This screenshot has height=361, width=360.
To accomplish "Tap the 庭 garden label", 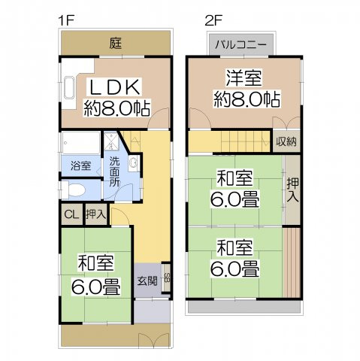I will tap(115, 43).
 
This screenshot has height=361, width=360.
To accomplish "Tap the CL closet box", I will tap(71, 214).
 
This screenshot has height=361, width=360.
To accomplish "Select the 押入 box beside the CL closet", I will tap(95, 214).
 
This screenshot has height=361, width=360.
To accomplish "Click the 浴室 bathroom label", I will tap(80, 163).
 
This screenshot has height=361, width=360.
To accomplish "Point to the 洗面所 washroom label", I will tap(113, 171).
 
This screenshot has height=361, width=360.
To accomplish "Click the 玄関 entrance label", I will tap(147, 281).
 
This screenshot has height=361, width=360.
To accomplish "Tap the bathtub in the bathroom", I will tap(80, 142).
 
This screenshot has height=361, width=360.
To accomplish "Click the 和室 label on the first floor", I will tap(95, 263).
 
